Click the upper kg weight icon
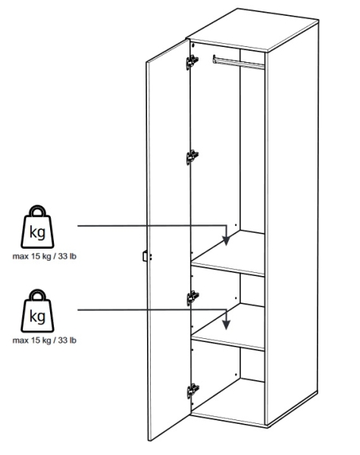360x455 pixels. point(37,227)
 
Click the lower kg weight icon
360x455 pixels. point(37,311)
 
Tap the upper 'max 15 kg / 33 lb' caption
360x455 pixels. point(45,256)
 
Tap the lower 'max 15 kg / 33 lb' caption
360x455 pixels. point(45,340)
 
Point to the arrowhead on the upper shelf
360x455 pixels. point(227,240)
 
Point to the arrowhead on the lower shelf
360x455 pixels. point(227,325)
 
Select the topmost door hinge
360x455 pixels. point(192,62)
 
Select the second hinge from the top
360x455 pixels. point(192,157)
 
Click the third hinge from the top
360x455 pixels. point(193,298)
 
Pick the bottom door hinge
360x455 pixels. point(193,391)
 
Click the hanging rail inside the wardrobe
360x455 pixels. point(239,62)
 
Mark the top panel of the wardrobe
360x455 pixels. point(253,30)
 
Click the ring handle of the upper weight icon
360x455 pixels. point(38,212)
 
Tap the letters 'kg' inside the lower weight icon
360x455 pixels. point(37,316)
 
